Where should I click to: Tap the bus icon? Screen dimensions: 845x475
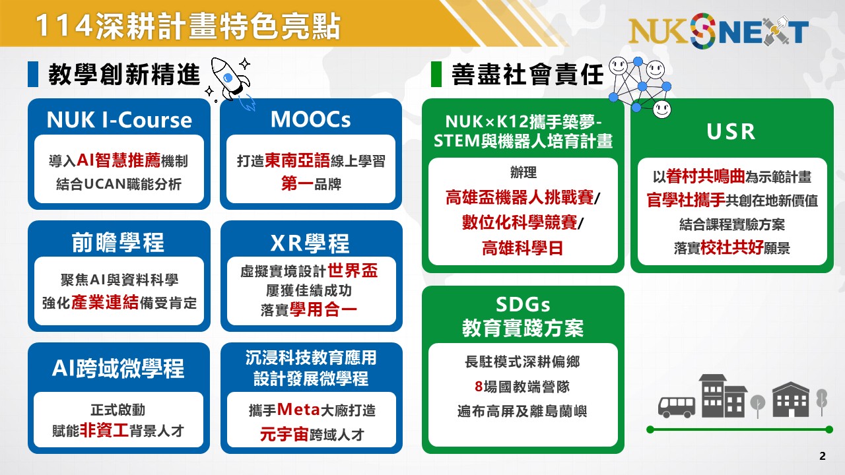[677, 407]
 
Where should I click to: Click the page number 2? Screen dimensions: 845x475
[823, 456]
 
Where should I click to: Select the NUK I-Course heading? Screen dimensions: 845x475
[119, 120]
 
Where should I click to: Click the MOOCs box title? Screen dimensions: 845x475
[310, 119]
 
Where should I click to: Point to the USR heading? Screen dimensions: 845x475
[731, 131]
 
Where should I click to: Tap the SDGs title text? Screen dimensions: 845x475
[523, 304]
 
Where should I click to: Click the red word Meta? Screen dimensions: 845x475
[299, 410]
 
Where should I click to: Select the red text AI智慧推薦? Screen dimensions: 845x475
[118, 160]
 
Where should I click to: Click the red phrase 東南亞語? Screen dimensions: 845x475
[297, 160]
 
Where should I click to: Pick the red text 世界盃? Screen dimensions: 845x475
[353, 270]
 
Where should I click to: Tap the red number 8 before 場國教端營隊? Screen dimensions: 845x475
[479, 387]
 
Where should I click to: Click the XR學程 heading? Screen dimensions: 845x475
[310, 243]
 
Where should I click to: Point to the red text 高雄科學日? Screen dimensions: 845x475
[522, 248]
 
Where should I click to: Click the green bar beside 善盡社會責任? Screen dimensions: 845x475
[436, 75]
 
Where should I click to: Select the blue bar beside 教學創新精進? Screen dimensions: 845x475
[33, 75]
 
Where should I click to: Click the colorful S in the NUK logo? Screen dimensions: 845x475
[703, 30]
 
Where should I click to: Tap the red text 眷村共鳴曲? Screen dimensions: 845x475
[706, 176]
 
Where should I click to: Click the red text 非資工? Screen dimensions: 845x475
[104, 430]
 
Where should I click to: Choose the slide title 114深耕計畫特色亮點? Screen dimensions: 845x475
[187, 26]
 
